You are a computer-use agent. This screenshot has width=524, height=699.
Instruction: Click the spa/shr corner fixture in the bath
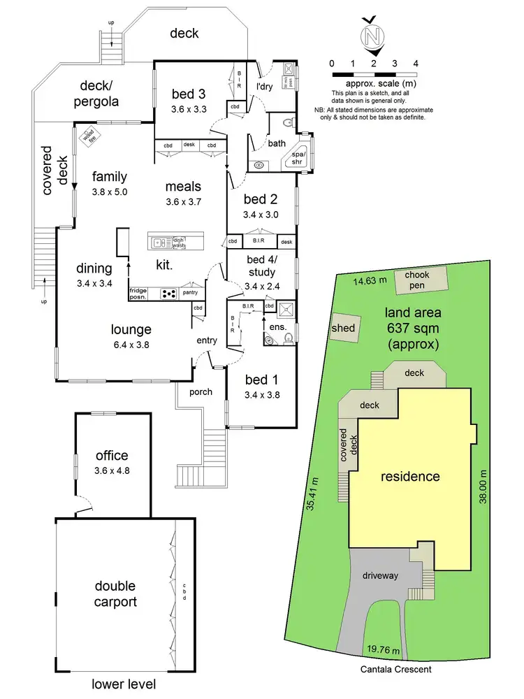(300, 157)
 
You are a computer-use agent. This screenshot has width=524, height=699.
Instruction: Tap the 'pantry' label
(191, 293)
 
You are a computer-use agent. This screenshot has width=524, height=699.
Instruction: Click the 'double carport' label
(116, 593)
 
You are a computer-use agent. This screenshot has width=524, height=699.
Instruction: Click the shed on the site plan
(344, 329)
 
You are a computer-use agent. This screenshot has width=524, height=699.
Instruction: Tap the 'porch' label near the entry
(200, 391)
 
